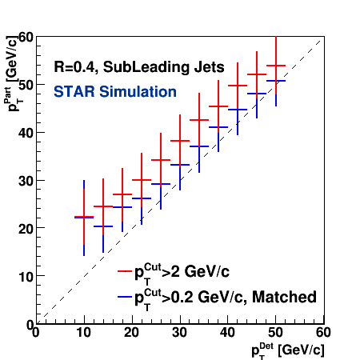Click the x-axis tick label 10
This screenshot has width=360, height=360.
(84, 333)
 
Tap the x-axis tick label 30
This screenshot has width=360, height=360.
(179, 333)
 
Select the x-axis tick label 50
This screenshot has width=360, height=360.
(275, 333)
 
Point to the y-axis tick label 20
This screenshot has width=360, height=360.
(26, 229)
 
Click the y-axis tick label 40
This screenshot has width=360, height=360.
(26, 133)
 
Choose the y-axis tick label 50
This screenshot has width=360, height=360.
(26, 85)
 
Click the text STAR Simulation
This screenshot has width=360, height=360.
(115, 92)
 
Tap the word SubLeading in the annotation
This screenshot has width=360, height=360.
(146, 67)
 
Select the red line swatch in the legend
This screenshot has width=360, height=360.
(125, 271)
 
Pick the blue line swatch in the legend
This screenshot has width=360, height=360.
(125, 297)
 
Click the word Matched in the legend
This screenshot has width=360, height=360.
(284, 297)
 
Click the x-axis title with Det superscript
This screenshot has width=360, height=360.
(288, 350)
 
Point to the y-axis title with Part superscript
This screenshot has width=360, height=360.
(12, 74)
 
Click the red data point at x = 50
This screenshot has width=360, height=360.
(276, 66)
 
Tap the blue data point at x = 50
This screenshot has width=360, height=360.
(276, 81)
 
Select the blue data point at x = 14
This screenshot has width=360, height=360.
(103, 226)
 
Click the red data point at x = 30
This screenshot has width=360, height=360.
(180, 141)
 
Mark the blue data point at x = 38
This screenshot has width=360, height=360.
(218, 127)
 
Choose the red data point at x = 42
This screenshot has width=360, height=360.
(238, 86)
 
